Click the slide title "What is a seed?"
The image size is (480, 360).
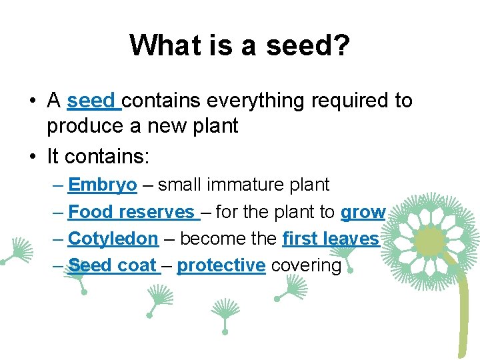pos(240,45)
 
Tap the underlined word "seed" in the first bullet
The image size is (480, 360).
pos(91,101)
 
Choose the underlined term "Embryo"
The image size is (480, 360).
pos(103,185)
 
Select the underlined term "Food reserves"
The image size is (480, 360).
pos(131,212)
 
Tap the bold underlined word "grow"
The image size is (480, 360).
pos(363,212)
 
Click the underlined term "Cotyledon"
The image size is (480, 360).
pos(113,239)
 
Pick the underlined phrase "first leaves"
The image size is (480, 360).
pos(331,239)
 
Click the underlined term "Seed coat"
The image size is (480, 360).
pos(113,265)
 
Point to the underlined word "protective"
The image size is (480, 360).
pos(221,265)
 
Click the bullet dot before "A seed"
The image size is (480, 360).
pos(32,101)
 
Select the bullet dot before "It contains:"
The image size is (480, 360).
pos(32,157)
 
